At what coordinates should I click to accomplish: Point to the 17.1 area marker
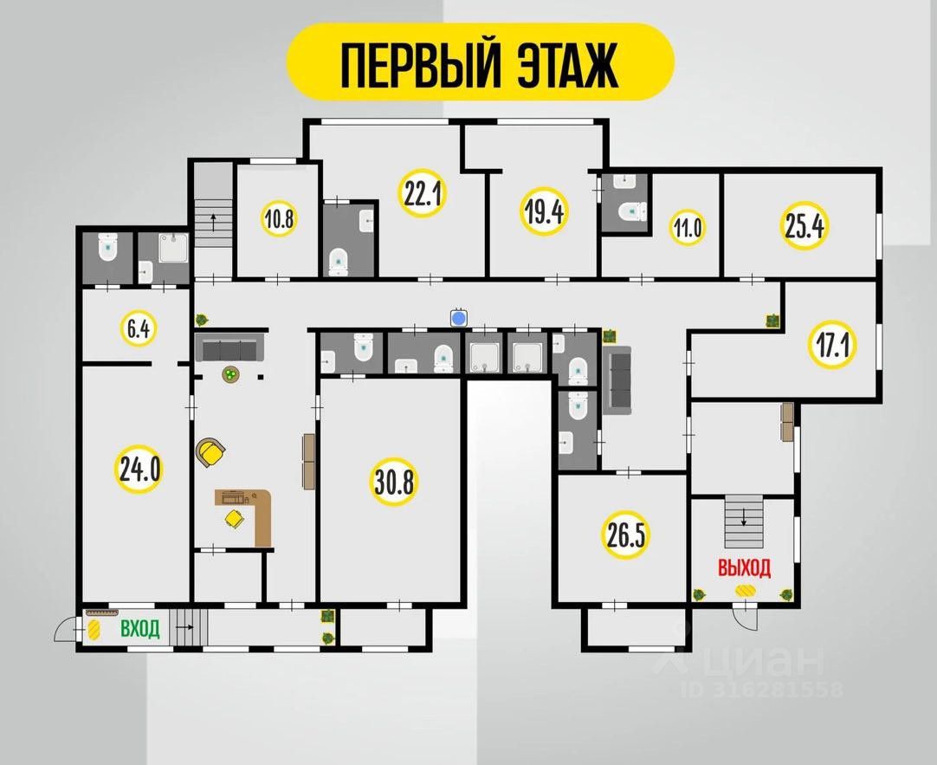831,346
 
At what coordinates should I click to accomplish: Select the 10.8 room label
280,218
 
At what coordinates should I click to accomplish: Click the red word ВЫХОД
743,568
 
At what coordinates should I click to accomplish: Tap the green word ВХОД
139,629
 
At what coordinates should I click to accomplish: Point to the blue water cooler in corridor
459,317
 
